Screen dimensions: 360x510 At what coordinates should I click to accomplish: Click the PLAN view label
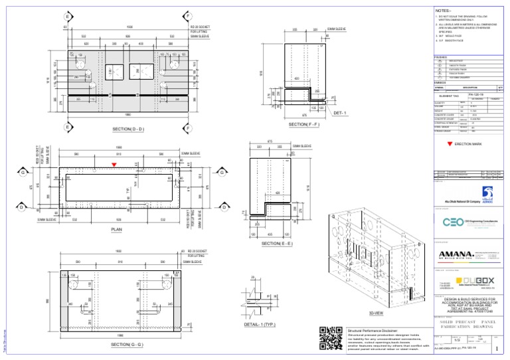point(117,231)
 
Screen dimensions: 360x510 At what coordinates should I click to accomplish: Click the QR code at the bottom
point(330,338)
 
